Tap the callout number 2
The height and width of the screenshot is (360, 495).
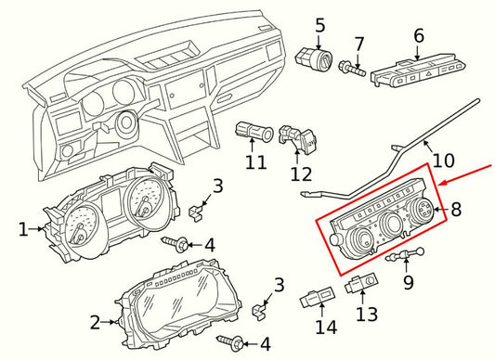(94, 323)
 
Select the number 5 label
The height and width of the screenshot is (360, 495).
(319, 26)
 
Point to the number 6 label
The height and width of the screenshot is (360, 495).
(418, 36)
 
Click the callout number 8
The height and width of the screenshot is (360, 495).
(455, 210)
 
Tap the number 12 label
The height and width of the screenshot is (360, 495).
(301, 174)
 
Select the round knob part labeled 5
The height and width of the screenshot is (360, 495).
(313, 58)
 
